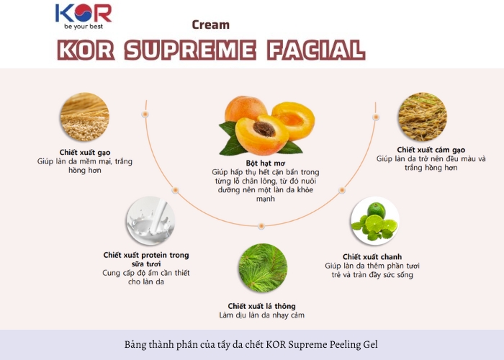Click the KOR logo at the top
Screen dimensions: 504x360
click(x=84, y=17)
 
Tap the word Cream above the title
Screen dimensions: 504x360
click(x=210, y=24)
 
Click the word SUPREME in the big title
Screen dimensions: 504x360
click(x=190, y=50)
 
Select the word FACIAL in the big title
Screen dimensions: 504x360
click(x=316, y=50)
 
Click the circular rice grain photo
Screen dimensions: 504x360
click(x=84, y=117)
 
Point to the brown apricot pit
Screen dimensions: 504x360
click(x=264, y=129)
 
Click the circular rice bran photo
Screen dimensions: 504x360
click(x=423, y=117)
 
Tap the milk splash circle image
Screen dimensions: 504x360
click(x=150, y=221)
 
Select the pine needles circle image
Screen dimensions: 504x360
click(x=263, y=268)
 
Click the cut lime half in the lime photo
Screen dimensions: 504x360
click(x=375, y=224)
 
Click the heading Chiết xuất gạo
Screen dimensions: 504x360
click(x=85, y=153)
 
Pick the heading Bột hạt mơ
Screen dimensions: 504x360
click(x=266, y=163)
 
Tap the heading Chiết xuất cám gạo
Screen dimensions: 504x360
click(x=431, y=150)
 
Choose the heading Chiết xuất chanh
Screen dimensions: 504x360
click(x=372, y=257)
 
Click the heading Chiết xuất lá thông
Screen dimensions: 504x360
click(x=261, y=306)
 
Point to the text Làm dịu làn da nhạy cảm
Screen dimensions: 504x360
click(x=261, y=315)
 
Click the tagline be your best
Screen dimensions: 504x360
click(x=84, y=27)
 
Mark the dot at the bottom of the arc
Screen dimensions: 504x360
click(x=261, y=226)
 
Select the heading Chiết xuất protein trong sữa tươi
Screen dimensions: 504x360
click(x=146, y=259)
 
